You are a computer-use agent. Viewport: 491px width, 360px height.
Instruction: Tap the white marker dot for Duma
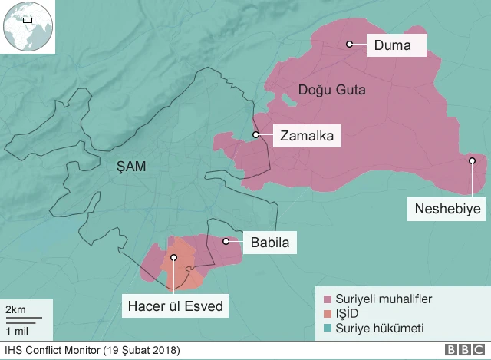click(349, 45)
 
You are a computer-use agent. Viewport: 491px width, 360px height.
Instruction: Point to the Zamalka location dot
click(256, 135)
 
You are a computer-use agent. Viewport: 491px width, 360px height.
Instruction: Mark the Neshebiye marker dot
click(473, 160)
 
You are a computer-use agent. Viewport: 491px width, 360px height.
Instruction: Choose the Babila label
click(269, 243)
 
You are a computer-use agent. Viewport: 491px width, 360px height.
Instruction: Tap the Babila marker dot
click(226, 242)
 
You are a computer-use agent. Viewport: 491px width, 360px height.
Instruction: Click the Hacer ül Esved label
click(175, 308)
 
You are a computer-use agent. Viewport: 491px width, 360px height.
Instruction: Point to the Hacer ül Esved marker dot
click(174, 259)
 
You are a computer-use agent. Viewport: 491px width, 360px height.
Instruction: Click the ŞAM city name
click(130, 165)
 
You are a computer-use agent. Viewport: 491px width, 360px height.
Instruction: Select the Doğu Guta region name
click(331, 91)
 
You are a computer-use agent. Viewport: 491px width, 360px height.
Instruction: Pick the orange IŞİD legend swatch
click(327, 314)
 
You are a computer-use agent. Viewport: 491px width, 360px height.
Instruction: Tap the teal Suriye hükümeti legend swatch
click(327, 329)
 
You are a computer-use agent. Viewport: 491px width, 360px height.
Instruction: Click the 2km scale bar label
click(15, 309)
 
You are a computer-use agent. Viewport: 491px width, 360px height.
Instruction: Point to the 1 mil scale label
click(16, 330)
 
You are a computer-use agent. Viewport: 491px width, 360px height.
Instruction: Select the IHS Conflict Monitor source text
click(91, 351)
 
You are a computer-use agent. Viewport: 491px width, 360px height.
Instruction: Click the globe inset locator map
click(28, 26)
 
